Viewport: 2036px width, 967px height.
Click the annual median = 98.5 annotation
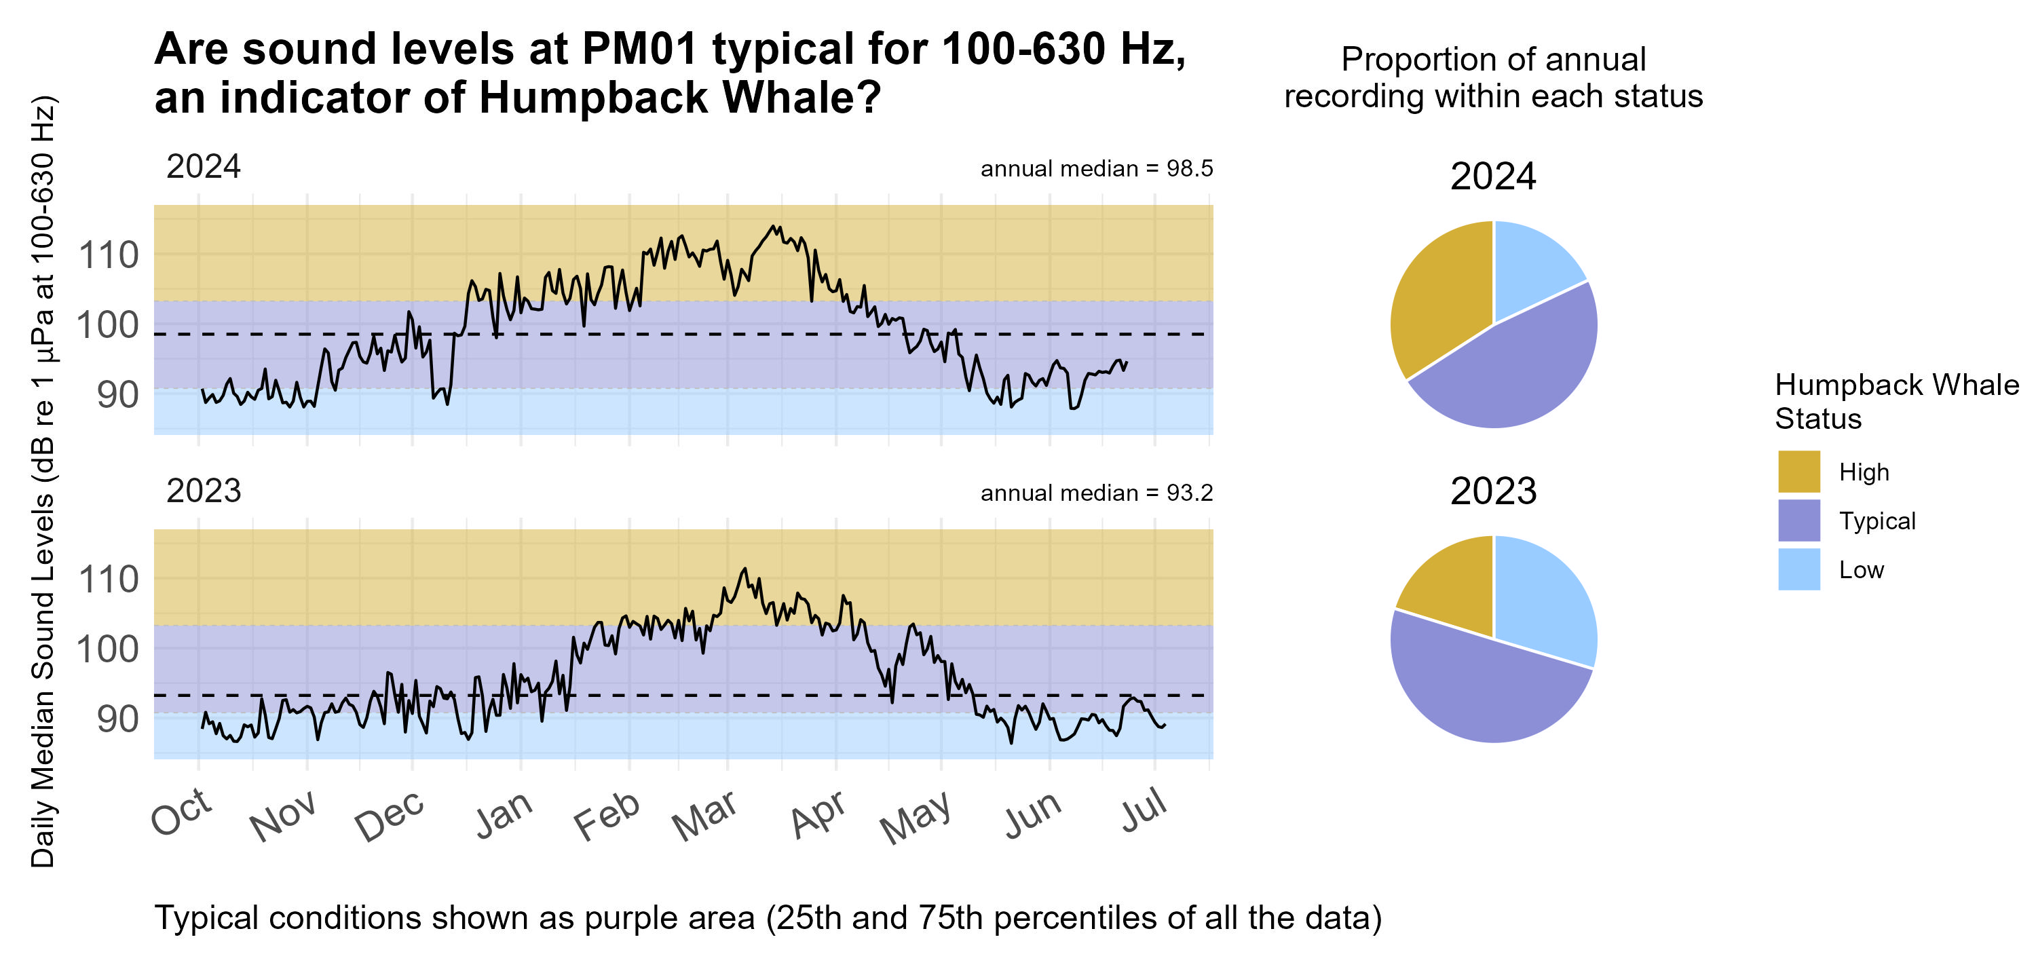(1096, 169)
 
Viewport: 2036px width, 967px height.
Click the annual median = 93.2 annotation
(1096, 493)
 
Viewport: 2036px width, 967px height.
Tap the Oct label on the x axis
(182, 813)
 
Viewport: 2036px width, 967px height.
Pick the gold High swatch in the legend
(1799, 472)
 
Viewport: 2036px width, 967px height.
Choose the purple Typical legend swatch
(1799, 520)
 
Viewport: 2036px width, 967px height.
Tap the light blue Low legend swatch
(1799, 569)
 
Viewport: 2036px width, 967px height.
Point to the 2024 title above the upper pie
(1493, 176)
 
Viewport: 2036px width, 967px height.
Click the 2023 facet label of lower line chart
(203, 491)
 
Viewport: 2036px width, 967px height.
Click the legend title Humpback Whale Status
(1896, 401)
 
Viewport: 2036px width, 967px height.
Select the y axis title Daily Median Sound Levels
(43, 482)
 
